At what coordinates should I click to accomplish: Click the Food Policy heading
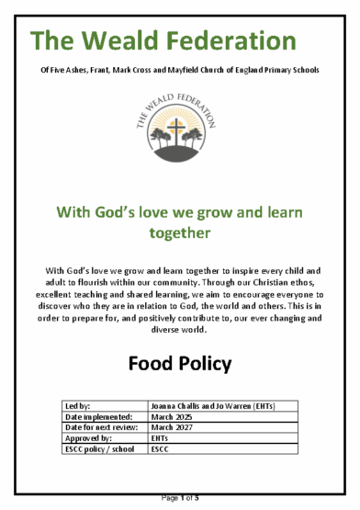click(180, 362)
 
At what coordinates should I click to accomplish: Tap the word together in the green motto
click(180, 233)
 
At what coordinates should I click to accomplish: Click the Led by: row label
click(74, 406)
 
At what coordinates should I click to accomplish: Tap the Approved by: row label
click(85, 438)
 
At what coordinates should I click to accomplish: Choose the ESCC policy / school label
click(96, 449)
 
